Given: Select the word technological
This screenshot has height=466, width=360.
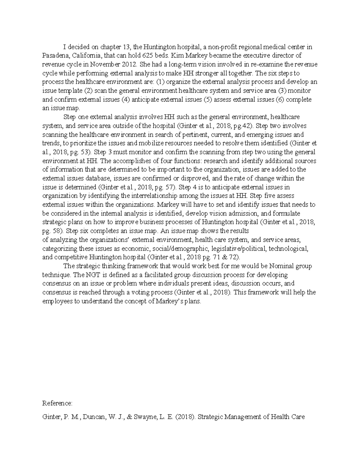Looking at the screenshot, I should (288, 248).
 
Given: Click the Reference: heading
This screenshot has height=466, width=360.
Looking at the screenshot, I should (57, 403).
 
